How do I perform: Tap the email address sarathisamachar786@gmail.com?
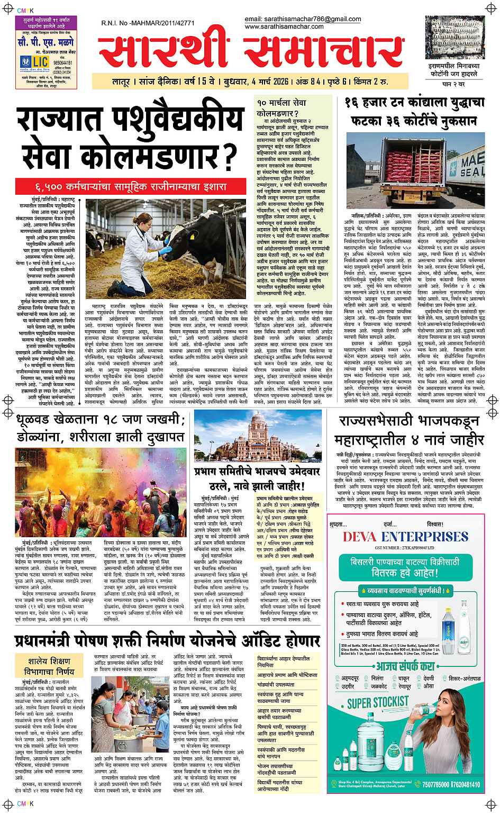[x=303, y=19]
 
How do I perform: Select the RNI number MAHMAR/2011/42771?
[x=148, y=23]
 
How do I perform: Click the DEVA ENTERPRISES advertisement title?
[x=406, y=537]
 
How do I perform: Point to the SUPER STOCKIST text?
[x=378, y=703]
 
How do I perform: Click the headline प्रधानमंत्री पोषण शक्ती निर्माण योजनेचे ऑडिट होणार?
[x=167, y=641]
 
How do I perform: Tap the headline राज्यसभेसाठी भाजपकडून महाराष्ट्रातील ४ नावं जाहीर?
[x=409, y=430]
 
